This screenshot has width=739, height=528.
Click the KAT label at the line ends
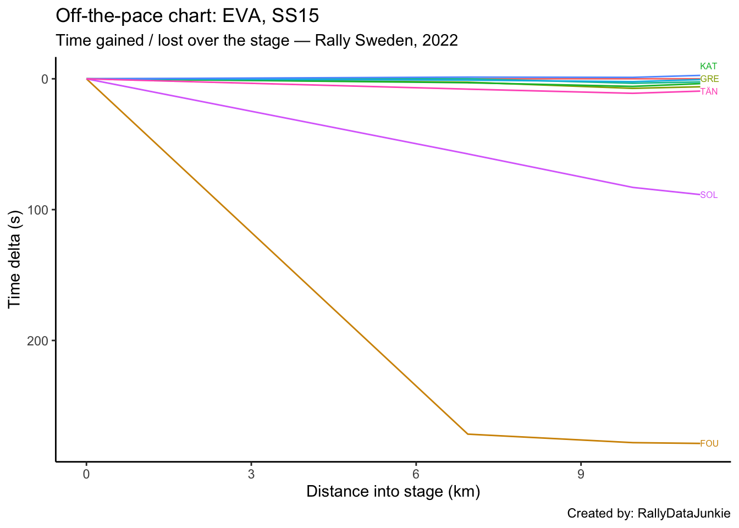pyautogui.click(x=708, y=67)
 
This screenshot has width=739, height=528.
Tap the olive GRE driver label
pyautogui.click(x=709, y=79)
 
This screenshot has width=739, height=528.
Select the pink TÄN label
pyautogui.click(x=709, y=91)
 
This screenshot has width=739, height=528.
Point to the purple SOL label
pyautogui.click(x=709, y=195)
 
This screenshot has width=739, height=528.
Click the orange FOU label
pyautogui.click(x=709, y=444)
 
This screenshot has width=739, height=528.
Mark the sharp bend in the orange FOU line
pyautogui.click(x=467, y=434)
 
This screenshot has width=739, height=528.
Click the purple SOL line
pyautogui.click(x=385, y=137)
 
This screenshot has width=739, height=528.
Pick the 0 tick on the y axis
pyautogui.click(x=46, y=79)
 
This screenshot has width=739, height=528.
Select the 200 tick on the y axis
pyautogui.click(x=38, y=341)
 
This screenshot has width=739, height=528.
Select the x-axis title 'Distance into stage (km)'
pyautogui.click(x=393, y=491)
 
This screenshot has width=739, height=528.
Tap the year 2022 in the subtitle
pyautogui.click(x=440, y=40)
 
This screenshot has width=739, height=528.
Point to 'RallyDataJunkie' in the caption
pyautogui.click(x=683, y=514)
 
